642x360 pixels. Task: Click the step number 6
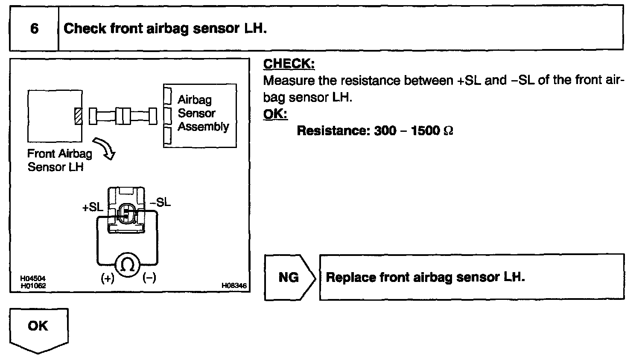pos(34,29)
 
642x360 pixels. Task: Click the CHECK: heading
pos(289,64)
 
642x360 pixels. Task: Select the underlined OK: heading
pos(275,114)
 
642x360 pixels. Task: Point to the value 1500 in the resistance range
pos(425,131)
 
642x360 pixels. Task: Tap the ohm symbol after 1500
pos(448,131)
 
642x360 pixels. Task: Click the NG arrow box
pos(289,278)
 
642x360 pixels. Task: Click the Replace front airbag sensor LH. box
pos(472,278)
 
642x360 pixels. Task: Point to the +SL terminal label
pos(93,207)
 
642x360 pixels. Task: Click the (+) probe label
pos(107,278)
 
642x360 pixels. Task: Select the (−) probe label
pos(149,278)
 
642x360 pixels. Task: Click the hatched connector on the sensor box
pos(78,116)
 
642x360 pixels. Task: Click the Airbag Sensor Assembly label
pos(203,113)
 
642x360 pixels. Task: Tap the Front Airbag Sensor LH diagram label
pos(59,160)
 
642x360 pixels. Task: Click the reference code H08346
pos(234,286)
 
